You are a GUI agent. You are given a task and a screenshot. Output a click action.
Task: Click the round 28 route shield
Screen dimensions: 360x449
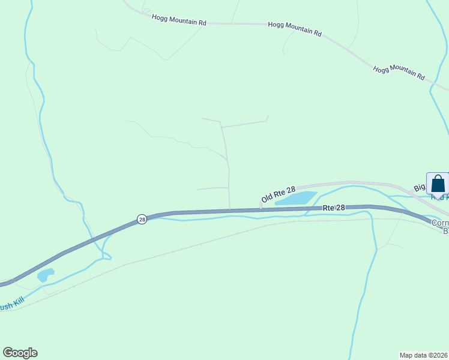[x=142, y=220]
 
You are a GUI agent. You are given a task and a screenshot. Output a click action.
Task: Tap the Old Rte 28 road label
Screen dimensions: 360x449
[x=279, y=193]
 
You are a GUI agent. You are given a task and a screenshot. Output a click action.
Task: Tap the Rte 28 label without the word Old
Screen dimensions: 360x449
[x=334, y=208]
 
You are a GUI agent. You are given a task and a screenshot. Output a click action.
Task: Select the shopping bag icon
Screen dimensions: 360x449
[x=438, y=183]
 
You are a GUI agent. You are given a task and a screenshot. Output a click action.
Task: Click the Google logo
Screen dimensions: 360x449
[x=20, y=353]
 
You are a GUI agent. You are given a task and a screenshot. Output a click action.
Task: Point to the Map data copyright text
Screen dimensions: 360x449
[x=423, y=355]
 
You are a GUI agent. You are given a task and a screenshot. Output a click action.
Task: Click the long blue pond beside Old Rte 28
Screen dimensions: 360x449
[x=296, y=198]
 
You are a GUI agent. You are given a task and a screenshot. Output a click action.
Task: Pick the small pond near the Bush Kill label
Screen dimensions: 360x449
[x=45, y=275]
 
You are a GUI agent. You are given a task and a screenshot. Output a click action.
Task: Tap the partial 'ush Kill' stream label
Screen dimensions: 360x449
[x=12, y=305]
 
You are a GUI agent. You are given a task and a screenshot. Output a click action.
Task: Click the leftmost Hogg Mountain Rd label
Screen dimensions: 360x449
[x=179, y=20]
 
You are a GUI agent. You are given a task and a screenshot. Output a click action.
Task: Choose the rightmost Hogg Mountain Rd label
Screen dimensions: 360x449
[x=399, y=73]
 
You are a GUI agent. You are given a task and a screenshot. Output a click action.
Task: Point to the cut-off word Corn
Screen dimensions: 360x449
[x=441, y=222]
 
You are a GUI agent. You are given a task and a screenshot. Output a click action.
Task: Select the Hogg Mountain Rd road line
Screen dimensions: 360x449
[x=240, y=24]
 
